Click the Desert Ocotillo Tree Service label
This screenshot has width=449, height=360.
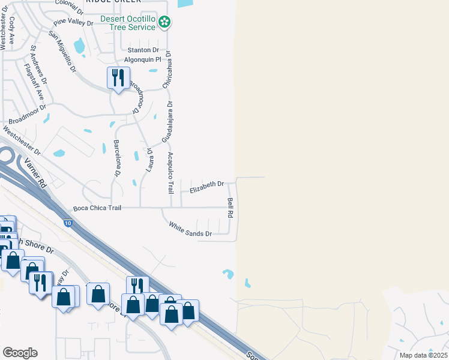point(127,23)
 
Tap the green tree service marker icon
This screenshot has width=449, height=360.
point(165,23)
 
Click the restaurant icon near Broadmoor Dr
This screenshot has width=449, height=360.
point(118,79)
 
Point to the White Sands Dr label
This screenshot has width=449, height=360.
point(190,229)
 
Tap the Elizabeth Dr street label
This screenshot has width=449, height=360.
point(206,187)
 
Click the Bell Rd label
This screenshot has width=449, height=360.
point(230,208)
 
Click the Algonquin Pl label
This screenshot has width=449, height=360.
point(143,60)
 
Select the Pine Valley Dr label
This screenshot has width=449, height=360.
point(74,23)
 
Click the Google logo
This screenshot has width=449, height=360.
point(20,353)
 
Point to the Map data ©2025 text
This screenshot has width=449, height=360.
point(423,355)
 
